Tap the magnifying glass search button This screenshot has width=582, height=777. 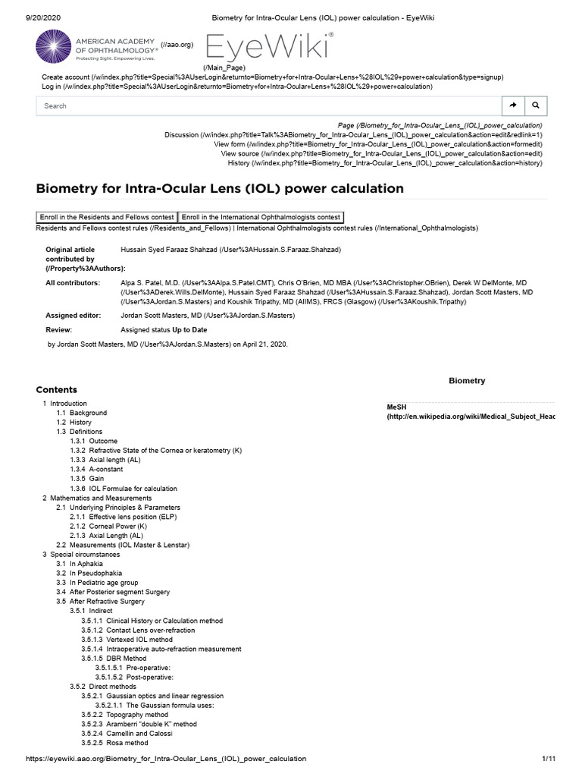point(535,105)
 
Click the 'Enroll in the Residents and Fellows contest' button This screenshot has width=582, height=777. point(106,217)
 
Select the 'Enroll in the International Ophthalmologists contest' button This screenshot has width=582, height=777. point(261,217)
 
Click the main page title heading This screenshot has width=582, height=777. point(220,188)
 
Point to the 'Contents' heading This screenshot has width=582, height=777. point(57,389)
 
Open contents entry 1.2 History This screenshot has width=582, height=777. point(80,422)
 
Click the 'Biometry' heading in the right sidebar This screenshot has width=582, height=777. point(467,381)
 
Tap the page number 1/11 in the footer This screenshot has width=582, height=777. point(549,759)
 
